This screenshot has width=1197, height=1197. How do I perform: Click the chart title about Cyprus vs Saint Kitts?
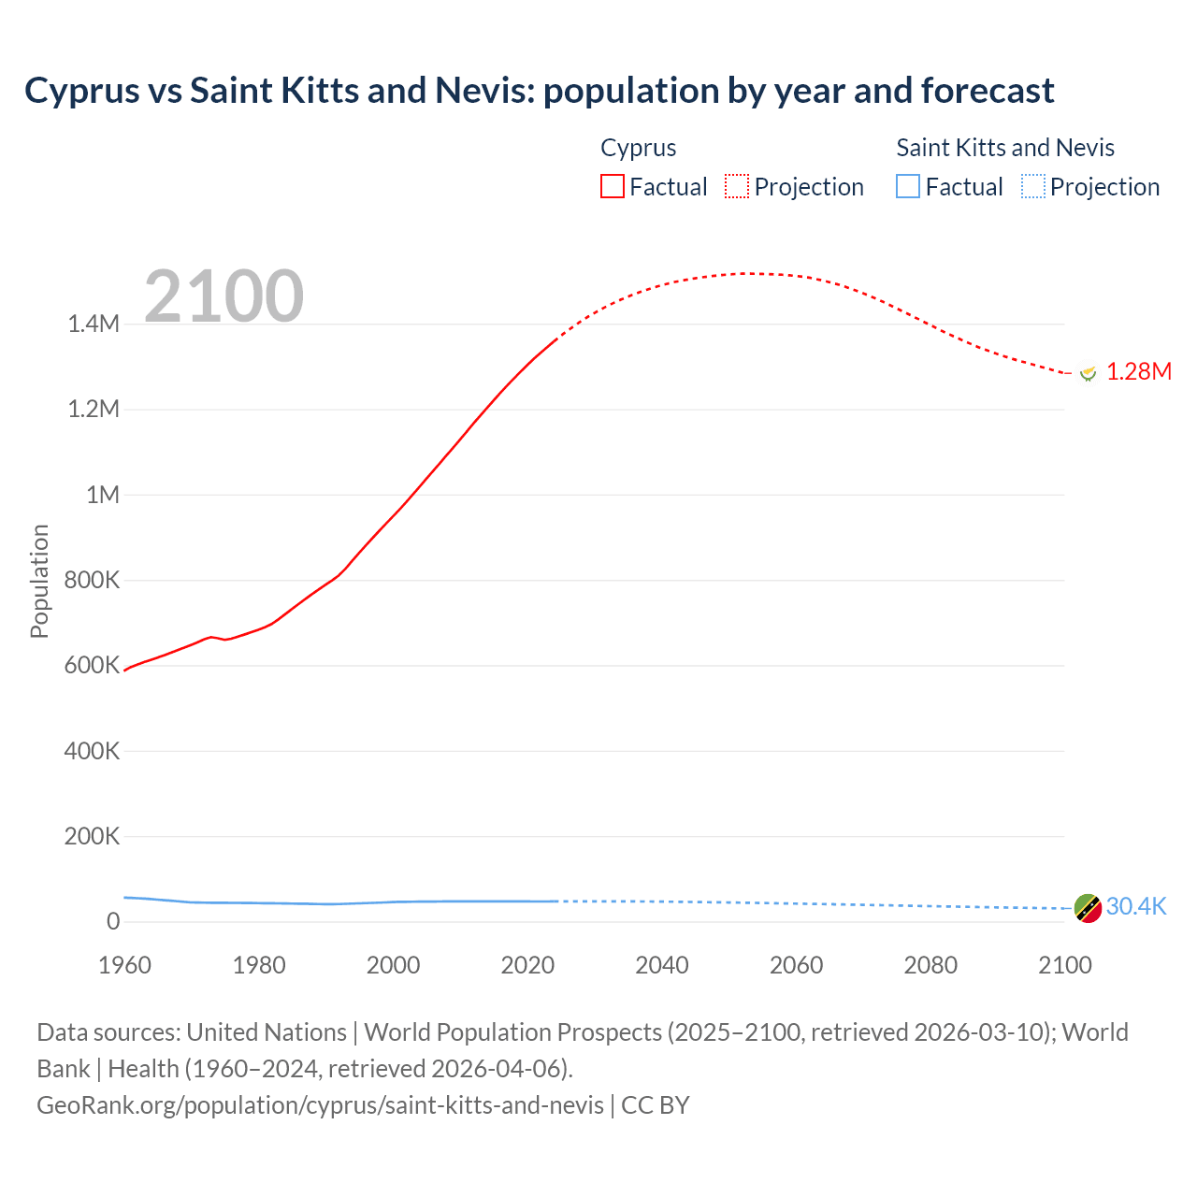coord(539,91)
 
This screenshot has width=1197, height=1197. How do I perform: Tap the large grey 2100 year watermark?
coord(224,296)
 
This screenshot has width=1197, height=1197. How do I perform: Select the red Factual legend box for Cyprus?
coord(613,186)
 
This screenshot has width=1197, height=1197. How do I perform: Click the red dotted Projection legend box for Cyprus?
coord(737,186)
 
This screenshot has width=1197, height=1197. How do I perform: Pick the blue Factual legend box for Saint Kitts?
coord(908,186)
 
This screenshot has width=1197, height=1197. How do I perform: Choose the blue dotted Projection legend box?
coord(1033,186)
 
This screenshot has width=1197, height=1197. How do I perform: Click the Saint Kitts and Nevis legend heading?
coord(1005,148)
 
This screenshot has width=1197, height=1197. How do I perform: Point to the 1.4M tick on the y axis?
coord(94,324)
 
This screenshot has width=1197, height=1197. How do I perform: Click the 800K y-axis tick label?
coord(92,580)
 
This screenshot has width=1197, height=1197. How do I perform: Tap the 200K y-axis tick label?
coord(92,836)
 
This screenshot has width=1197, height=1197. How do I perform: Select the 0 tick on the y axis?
coord(113,921)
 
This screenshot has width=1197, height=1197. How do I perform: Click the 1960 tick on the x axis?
coord(124,965)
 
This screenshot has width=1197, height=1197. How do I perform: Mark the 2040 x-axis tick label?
coord(662,965)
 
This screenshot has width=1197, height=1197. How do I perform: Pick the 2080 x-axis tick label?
coord(930,965)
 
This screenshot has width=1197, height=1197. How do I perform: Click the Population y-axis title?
coord(39,581)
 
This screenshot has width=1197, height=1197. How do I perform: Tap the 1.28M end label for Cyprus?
coord(1139,371)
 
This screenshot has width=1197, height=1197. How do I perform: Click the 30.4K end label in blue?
coord(1136,906)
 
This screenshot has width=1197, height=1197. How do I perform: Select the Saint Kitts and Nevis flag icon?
coord(1088,907)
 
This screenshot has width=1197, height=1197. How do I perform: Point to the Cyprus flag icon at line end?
coord(1088,372)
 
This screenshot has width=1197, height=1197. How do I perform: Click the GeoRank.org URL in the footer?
coord(320,1104)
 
